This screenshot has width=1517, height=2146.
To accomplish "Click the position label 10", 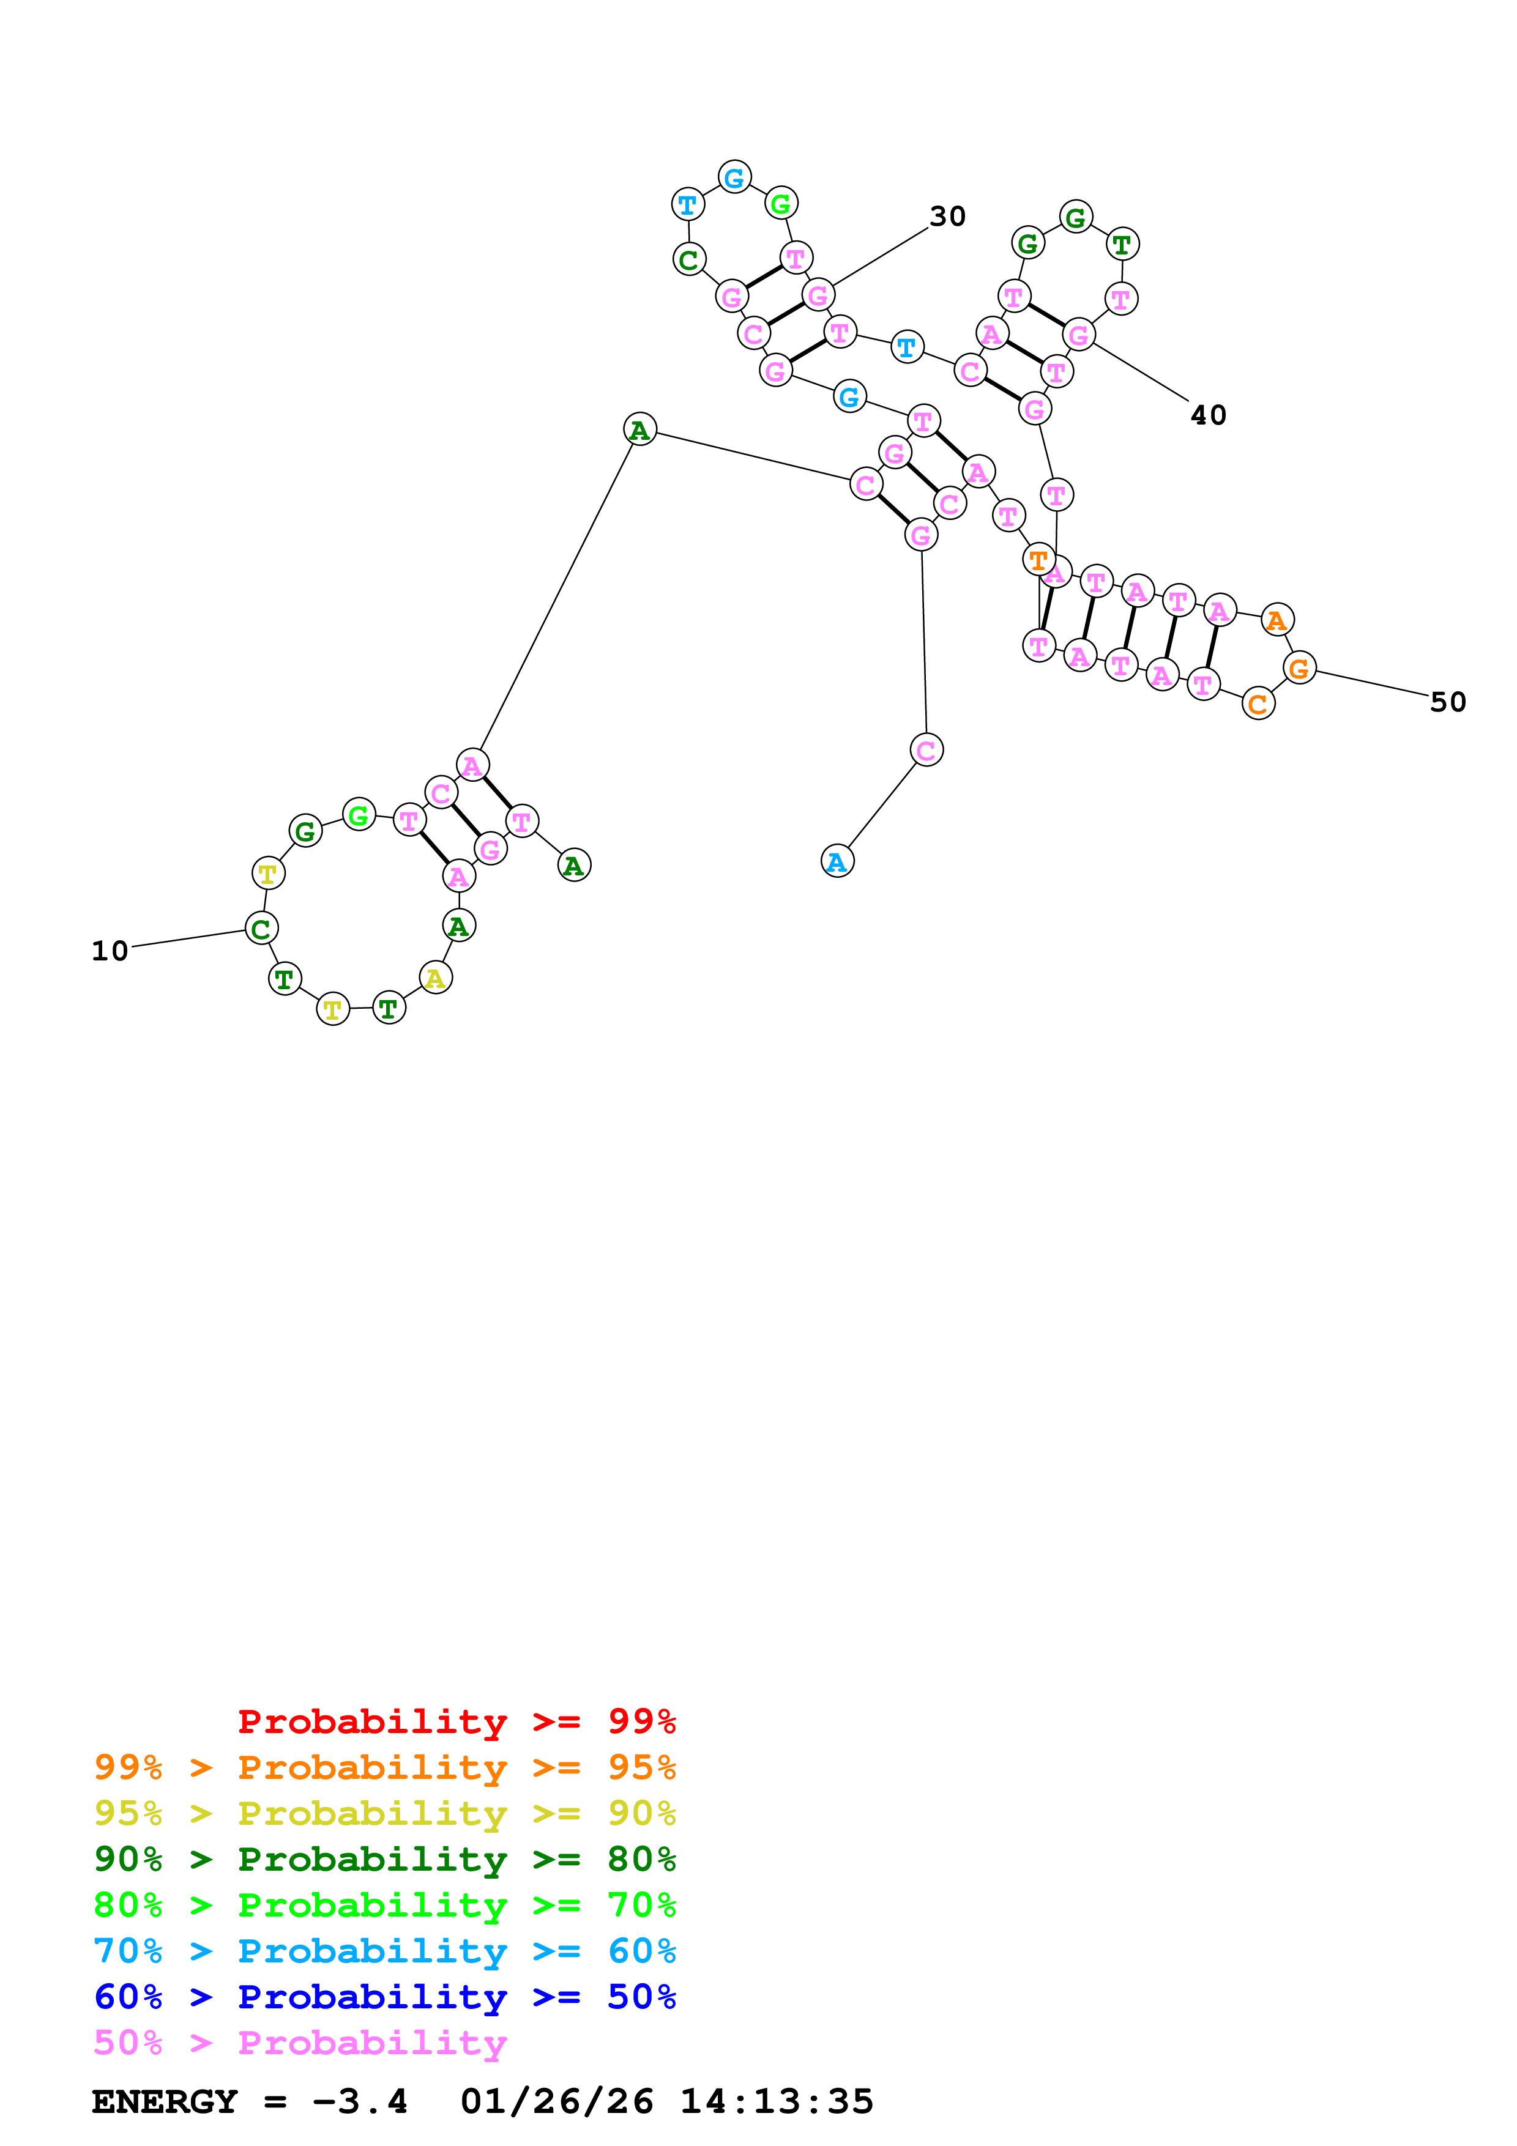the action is [x=110, y=951].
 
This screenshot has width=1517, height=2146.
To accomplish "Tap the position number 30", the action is [x=947, y=217].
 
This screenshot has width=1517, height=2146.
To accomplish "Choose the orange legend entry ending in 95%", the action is [x=385, y=1767].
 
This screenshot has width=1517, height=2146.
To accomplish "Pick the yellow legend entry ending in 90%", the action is [x=385, y=1813].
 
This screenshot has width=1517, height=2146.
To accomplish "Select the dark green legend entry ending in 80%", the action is [x=385, y=1859].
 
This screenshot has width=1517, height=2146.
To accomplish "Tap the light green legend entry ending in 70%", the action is [x=385, y=1905].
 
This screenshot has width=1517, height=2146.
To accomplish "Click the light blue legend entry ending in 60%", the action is [x=385, y=1951].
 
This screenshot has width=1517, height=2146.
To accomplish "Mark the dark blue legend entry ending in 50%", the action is [x=385, y=1997].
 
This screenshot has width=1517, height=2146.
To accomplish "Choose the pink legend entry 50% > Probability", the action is [x=300, y=2042].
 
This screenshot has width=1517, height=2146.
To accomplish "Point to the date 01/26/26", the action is [x=557, y=2101].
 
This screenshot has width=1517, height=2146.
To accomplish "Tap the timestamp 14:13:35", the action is [x=776, y=2101].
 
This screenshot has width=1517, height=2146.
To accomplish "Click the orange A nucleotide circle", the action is [x=1277, y=620].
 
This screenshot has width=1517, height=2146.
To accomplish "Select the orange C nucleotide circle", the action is [x=1258, y=704].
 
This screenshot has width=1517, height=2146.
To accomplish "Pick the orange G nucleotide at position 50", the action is [x=1299, y=668].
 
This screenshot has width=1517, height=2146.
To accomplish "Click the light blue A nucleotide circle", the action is [x=837, y=861].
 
